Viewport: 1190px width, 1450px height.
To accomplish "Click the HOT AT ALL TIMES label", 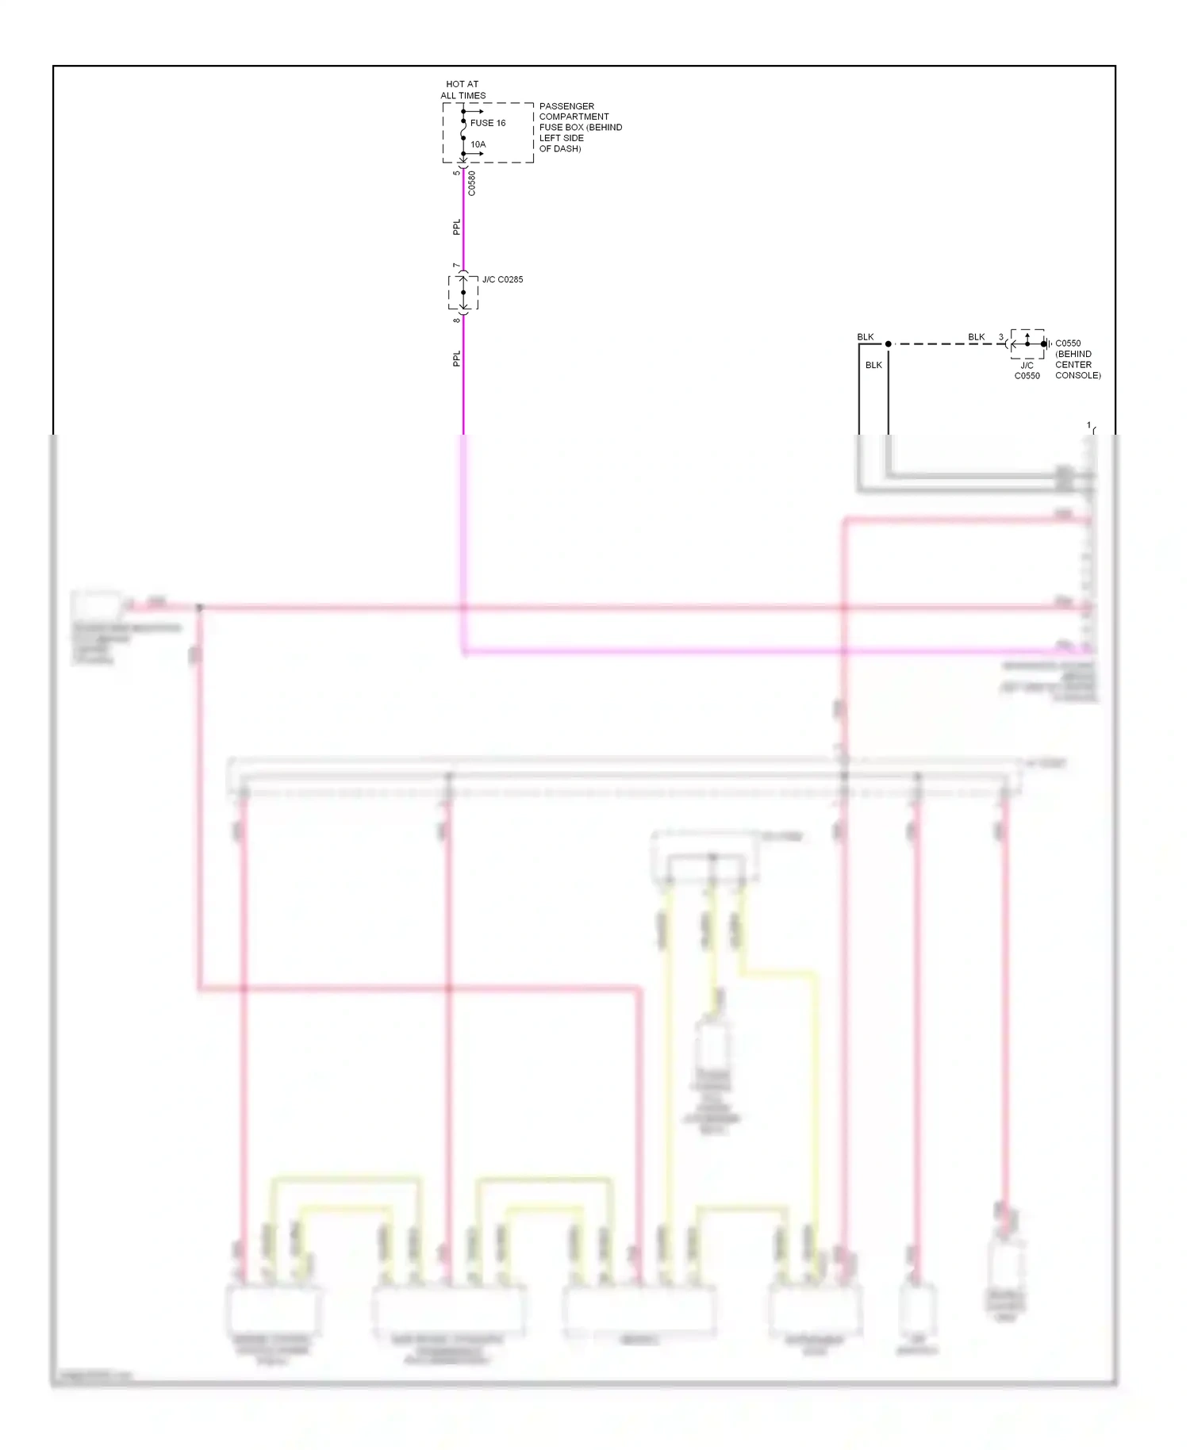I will [x=463, y=90].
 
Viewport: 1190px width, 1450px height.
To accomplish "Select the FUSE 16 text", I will [x=487, y=123].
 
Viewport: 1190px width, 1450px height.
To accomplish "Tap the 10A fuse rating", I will [x=478, y=144].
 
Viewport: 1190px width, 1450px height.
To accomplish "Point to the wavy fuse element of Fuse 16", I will [x=463, y=130].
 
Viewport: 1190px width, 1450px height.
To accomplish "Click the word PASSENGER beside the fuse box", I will [x=566, y=106].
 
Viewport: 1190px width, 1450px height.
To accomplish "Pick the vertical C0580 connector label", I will [x=472, y=183].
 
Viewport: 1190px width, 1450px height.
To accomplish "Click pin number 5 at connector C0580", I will [x=456, y=173].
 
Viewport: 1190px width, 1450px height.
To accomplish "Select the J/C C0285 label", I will [x=502, y=279].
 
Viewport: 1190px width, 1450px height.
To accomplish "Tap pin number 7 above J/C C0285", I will [x=456, y=266].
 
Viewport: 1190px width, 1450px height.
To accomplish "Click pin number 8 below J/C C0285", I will [x=456, y=320].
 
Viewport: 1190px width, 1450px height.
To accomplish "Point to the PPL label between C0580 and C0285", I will [x=456, y=227].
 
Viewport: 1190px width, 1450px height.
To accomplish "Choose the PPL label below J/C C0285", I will [x=456, y=359].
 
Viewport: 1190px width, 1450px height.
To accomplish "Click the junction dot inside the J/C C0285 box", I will [x=463, y=293].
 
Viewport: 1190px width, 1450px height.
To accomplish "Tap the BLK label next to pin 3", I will [x=976, y=337].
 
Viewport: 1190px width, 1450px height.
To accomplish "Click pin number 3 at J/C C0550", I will [x=1001, y=337].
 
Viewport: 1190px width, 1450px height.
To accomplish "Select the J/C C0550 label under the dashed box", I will [x=1027, y=370].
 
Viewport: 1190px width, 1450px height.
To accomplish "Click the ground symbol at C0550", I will [x=1046, y=344].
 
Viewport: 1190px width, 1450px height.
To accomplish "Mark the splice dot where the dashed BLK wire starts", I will [x=889, y=344].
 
